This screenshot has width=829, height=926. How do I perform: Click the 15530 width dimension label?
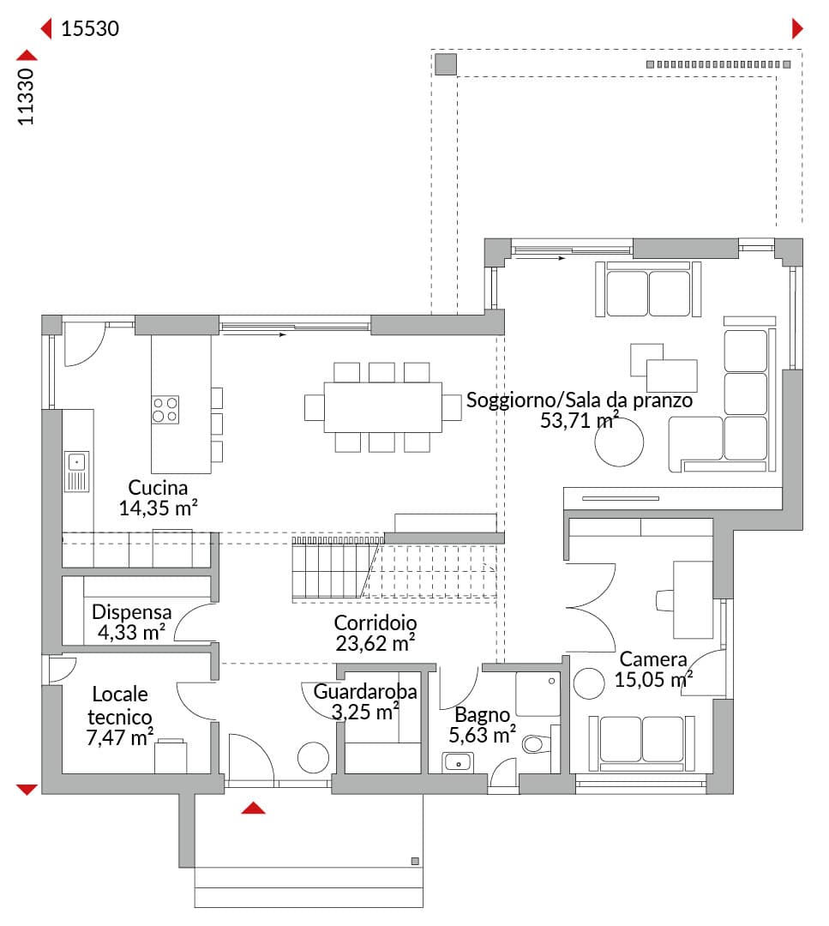90,28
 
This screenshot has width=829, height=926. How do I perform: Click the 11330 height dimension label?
26,96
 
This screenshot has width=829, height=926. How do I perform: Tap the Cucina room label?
158,487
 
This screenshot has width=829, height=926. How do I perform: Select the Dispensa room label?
132,612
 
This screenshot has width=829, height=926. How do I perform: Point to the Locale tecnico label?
120,705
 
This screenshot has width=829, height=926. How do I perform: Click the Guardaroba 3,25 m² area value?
365,713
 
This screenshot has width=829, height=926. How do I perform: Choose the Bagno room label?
482,714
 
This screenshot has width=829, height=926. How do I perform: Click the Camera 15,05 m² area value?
653,680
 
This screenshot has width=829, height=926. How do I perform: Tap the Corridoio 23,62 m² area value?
375,643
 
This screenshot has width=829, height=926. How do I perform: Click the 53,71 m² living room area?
580,420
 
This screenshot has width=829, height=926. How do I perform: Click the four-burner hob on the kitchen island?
165,410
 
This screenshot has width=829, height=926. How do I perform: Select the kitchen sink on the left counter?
77,472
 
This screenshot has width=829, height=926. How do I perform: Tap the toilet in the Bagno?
536,743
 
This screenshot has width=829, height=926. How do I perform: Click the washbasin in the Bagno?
458,762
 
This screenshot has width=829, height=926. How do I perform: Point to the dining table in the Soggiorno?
382,407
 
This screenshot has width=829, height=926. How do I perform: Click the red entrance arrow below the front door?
253,808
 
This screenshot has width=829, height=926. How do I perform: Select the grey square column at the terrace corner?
446,64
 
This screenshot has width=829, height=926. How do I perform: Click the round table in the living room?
619,442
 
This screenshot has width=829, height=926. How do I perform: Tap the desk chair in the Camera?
664,600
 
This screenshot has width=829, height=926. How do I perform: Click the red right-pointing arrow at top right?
797,28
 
